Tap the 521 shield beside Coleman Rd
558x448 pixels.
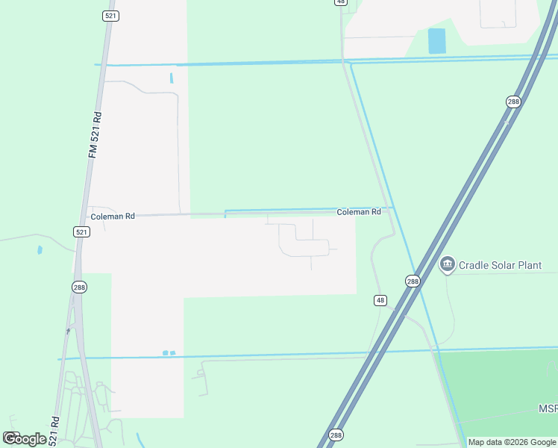coord(82,232)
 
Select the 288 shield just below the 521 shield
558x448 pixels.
coord(80,287)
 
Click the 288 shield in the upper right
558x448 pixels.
coord(512,102)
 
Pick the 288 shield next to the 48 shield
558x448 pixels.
coord(413,281)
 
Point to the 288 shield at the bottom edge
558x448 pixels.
coord(336,435)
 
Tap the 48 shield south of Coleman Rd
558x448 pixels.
coord(380,300)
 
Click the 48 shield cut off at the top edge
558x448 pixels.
coord(341,2)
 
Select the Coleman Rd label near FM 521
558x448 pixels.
coord(113,217)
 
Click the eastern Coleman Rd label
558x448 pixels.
coord(359,212)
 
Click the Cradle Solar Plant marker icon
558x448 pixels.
coord(448,264)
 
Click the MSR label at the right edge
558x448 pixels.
coord(548,408)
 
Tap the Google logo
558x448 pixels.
coord(25,439)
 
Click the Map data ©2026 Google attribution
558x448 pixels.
coord(512,442)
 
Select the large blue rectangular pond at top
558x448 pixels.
coord(436,41)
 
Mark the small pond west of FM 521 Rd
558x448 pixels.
coord(40,250)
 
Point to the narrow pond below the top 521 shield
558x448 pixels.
coord(172,77)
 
